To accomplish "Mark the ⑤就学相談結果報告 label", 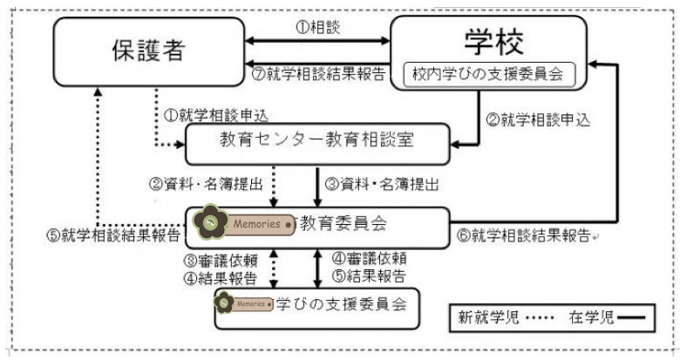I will [112, 235].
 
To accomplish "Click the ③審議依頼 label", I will [223, 262].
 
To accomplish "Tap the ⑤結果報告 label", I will [370, 278].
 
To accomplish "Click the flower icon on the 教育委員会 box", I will [210, 224].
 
